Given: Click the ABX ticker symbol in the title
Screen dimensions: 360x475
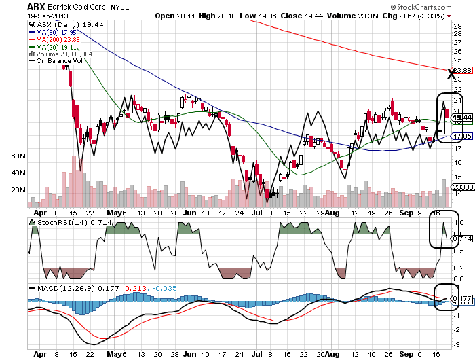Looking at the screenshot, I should [x=37, y=5].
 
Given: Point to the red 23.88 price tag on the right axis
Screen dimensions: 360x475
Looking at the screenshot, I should [x=462, y=70].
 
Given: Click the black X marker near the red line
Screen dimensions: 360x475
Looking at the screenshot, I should [x=451, y=73].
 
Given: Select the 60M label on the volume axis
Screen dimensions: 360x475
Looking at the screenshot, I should [x=18, y=156].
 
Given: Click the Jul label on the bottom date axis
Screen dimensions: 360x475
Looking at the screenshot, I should [x=256, y=354].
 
